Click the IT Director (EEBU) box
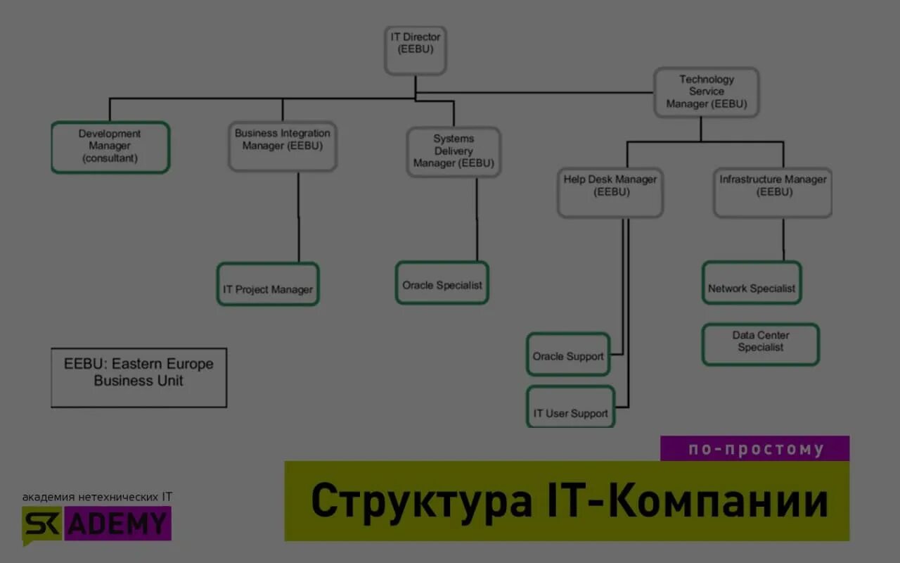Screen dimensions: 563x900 pyautogui.click(x=415, y=50)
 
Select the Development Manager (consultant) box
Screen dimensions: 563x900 pyautogui.click(x=110, y=146)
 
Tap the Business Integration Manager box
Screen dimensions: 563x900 pyautogui.click(x=283, y=146)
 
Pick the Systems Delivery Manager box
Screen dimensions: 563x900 pyautogui.click(x=454, y=151)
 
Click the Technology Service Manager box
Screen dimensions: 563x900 pyautogui.click(x=707, y=92)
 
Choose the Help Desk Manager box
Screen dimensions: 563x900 pyautogui.click(x=610, y=192)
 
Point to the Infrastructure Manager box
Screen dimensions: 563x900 pyautogui.click(x=773, y=192)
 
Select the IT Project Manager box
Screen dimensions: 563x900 pyautogui.click(x=268, y=284)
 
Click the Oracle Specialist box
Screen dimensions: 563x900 pyautogui.click(x=442, y=283)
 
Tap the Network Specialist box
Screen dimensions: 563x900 pyautogui.click(x=752, y=283)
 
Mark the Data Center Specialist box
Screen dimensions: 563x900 pyautogui.click(x=761, y=344)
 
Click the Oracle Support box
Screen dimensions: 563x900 pyautogui.click(x=568, y=354)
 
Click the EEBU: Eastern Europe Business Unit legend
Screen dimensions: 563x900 pyautogui.click(x=139, y=377)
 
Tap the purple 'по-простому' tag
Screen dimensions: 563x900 pyautogui.click(x=755, y=449)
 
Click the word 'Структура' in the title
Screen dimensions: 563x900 pyautogui.click(x=422, y=501)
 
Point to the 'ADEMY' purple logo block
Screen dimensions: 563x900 pyautogui.click(x=118, y=524)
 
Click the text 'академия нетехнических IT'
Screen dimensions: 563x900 pyautogui.click(x=97, y=497)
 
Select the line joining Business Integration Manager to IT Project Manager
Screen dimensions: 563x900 pyautogui.click(x=298, y=218)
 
